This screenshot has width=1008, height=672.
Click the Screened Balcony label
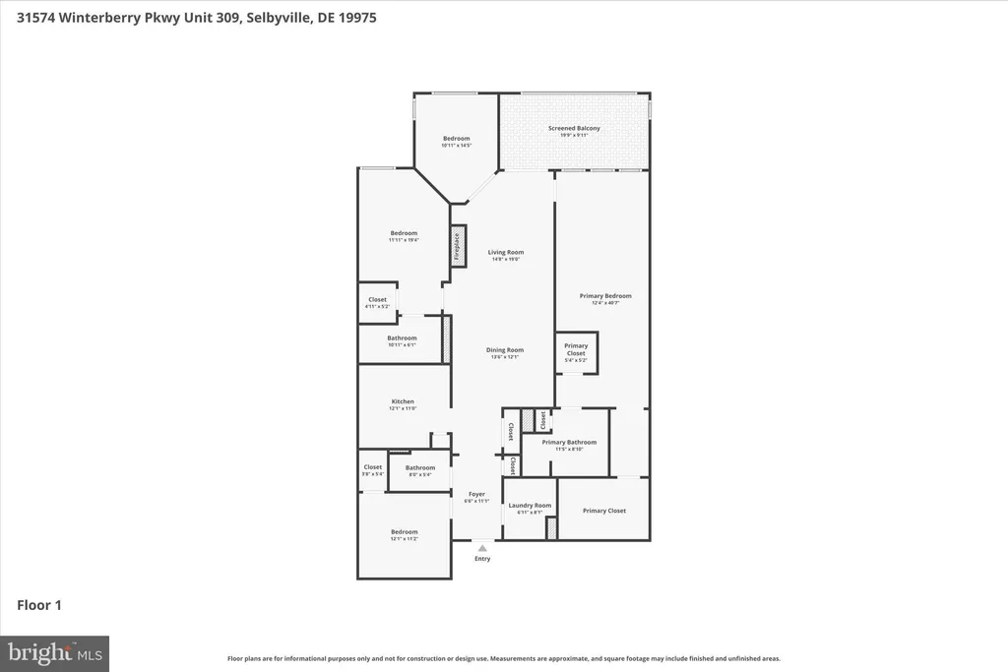click(x=574, y=128)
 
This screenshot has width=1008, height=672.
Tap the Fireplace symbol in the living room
click(x=458, y=245)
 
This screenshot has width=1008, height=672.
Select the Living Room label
click(x=506, y=252)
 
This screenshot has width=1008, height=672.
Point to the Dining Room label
click(x=505, y=349)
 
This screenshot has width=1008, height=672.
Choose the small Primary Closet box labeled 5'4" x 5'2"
click(x=576, y=351)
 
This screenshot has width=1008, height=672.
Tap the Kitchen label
click(x=403, y=401)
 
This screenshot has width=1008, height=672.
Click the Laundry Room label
click(x=530, y=505)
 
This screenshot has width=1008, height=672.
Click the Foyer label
click(x=476, y=494)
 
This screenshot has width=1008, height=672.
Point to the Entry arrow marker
click(x=482, y=548)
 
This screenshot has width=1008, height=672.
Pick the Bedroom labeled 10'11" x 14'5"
click(x=456, y=139)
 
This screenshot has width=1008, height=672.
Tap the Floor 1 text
click(x=39, y=605)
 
